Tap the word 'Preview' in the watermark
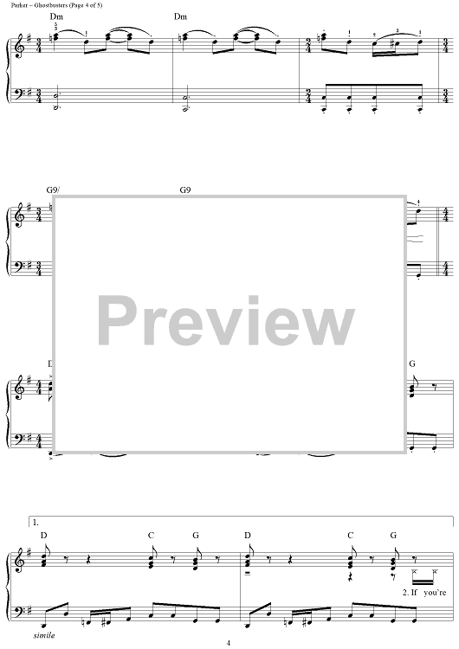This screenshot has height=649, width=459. coord(226,321)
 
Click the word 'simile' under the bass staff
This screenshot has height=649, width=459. coord(44,635)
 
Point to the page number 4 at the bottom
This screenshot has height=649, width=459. coord(229,643)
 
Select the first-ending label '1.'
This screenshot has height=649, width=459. coord(36,523)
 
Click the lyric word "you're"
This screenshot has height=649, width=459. coord(435,592)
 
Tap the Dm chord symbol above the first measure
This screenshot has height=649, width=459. coord(56,17)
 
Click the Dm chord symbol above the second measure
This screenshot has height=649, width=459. coord(180,17)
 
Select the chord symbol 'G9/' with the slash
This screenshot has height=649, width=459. coord(54,190)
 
